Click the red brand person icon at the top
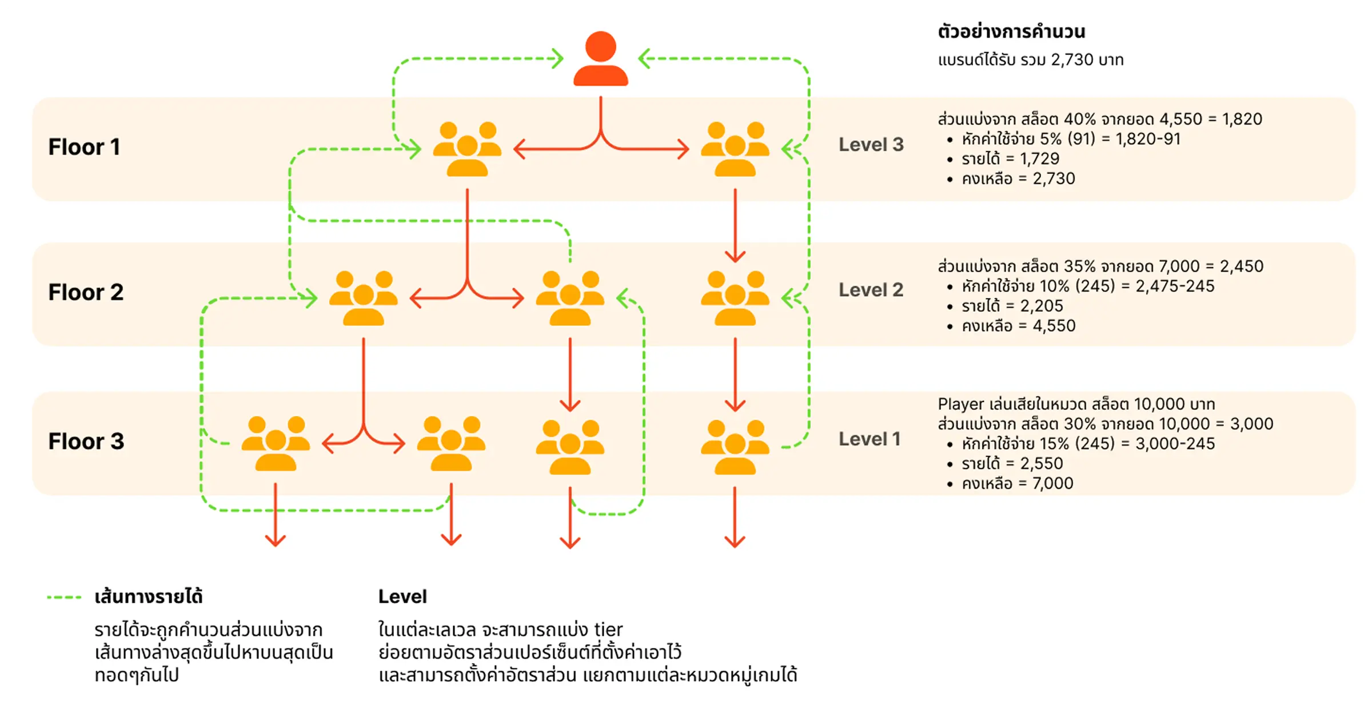[x=600, y=58]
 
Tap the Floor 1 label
[x=84, y=147]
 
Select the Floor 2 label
[x=86, y=292]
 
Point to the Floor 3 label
[x=86, y=441]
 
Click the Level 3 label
[x=871, y=145]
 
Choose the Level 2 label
[x=871, y=290]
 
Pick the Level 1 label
[x=870, y=439]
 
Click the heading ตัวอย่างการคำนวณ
[x=1011, y=31]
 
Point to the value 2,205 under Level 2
[x=1042, y=306]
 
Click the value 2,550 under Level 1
[x=1042, y=464]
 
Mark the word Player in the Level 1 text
[x=960, y=404]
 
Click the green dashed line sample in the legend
[x=64, y=598]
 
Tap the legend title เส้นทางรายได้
[x=149, y=597]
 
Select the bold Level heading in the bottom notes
[x=402, y=597]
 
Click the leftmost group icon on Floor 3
[x=276, y=443]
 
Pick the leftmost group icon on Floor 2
[x=363, y=298]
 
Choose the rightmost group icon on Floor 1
[x=735, y=149]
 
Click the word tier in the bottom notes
[x=608, y=630]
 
